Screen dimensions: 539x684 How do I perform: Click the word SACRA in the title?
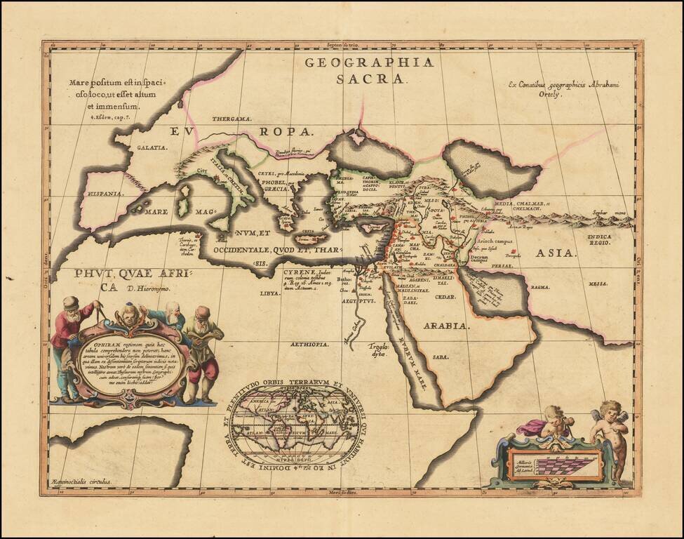(x=381, y=79)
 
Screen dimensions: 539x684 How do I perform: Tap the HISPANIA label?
(x=104, y=193)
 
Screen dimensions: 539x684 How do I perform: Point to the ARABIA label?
(x=445, y=326)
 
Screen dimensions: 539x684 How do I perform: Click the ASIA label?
(x=554, y=252)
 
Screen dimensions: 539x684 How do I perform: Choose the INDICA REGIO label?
(x=598, y=241)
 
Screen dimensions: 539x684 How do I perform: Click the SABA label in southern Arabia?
(x=440, y=357)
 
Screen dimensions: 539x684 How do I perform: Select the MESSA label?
(x=598, y=283)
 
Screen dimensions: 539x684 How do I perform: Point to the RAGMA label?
(x=539, y=287)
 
